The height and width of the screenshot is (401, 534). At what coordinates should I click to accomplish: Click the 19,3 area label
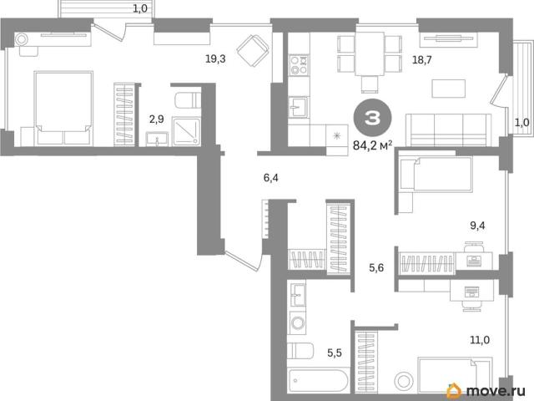point(215,59)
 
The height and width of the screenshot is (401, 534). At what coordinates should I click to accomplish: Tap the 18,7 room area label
point(422,60)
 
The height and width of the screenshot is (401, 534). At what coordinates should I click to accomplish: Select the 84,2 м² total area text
point(373,146)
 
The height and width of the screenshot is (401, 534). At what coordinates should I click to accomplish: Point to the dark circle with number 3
point(372,118)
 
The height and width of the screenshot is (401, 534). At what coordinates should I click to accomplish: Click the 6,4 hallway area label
point(270,178)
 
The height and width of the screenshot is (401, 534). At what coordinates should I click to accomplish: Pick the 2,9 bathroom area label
point(157,119)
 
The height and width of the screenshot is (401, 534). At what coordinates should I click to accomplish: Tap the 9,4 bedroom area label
point(477,226)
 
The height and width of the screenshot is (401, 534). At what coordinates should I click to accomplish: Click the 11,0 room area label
point(480,340)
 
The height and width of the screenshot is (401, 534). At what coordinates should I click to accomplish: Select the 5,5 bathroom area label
point(335,353)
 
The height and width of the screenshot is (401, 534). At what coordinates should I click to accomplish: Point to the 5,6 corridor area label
point(376,268)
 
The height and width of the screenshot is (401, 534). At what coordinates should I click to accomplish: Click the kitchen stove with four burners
point(299,65)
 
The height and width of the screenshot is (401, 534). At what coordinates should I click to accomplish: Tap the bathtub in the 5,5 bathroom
point(317,380)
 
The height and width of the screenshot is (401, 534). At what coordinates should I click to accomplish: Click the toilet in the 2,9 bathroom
point(188,99)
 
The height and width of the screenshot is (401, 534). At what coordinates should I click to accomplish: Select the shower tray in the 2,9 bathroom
point(186,132)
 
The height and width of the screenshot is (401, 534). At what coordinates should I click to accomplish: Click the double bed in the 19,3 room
point(63,109)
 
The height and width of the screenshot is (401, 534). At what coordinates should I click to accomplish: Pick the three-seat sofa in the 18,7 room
point(449,130)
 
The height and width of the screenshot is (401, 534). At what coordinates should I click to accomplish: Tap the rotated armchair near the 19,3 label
point(253,51)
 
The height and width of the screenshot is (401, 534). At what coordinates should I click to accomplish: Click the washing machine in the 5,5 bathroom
point(297,322)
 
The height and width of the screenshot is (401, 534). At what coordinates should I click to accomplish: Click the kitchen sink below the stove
point(299,107)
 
